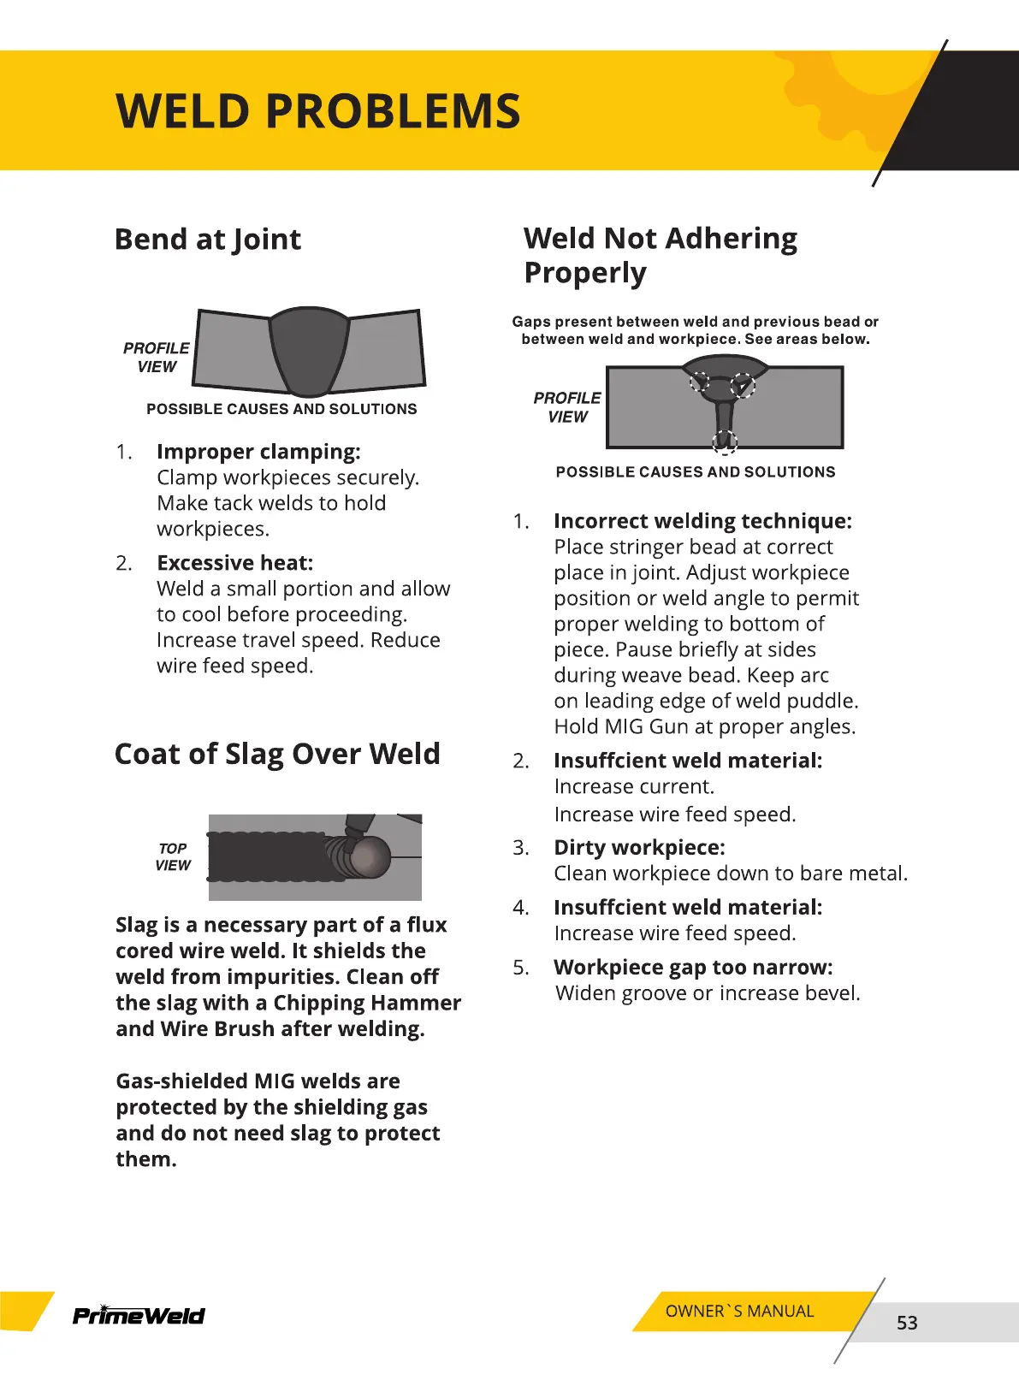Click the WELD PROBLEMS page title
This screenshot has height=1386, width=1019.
[317, 112]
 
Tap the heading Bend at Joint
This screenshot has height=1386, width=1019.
[208, 240]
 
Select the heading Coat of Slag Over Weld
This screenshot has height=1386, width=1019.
[277, 754]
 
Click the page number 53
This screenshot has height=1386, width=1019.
[907, 1323]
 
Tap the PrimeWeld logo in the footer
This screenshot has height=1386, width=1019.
[139, 1315]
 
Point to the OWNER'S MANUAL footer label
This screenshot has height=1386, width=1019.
[739, 1311]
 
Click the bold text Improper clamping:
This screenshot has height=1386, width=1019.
[258, 452]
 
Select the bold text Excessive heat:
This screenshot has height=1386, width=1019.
[235, 563]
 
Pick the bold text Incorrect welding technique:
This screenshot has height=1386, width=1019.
[702, 521]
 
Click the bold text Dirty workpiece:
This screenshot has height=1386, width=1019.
[639, 847]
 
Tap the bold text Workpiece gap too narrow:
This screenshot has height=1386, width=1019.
[693, 967]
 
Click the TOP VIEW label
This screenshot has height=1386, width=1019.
[173, 856]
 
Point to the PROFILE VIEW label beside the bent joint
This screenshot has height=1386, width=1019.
[157, 358]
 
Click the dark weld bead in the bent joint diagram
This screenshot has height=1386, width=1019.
[308, 351]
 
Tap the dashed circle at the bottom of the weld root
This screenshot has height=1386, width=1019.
[725, 441]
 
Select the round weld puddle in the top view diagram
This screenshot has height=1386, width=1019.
[369, 856]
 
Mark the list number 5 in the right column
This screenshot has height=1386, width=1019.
[521, 968]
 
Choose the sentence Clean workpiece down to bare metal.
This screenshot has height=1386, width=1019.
[731, 873]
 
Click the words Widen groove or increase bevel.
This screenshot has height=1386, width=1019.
[708, 992]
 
